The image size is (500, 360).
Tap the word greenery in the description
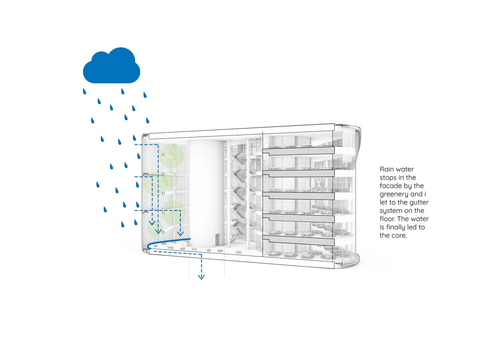(x=394, y=194)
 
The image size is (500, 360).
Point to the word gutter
(x=419, y=202)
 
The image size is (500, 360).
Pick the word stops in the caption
(x=388, y=178)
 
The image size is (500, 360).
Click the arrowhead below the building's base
(x=201, y=277)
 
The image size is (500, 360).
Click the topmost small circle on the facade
(x=163, y=155)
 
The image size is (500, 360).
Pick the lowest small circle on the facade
(x=163, y=232)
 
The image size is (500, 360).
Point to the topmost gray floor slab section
(x=298, y=151)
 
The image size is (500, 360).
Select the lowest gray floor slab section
(x=298, y=240)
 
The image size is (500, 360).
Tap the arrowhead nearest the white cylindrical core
(x=180, y=234)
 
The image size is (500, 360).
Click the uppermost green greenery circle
(x=172, y=156)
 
